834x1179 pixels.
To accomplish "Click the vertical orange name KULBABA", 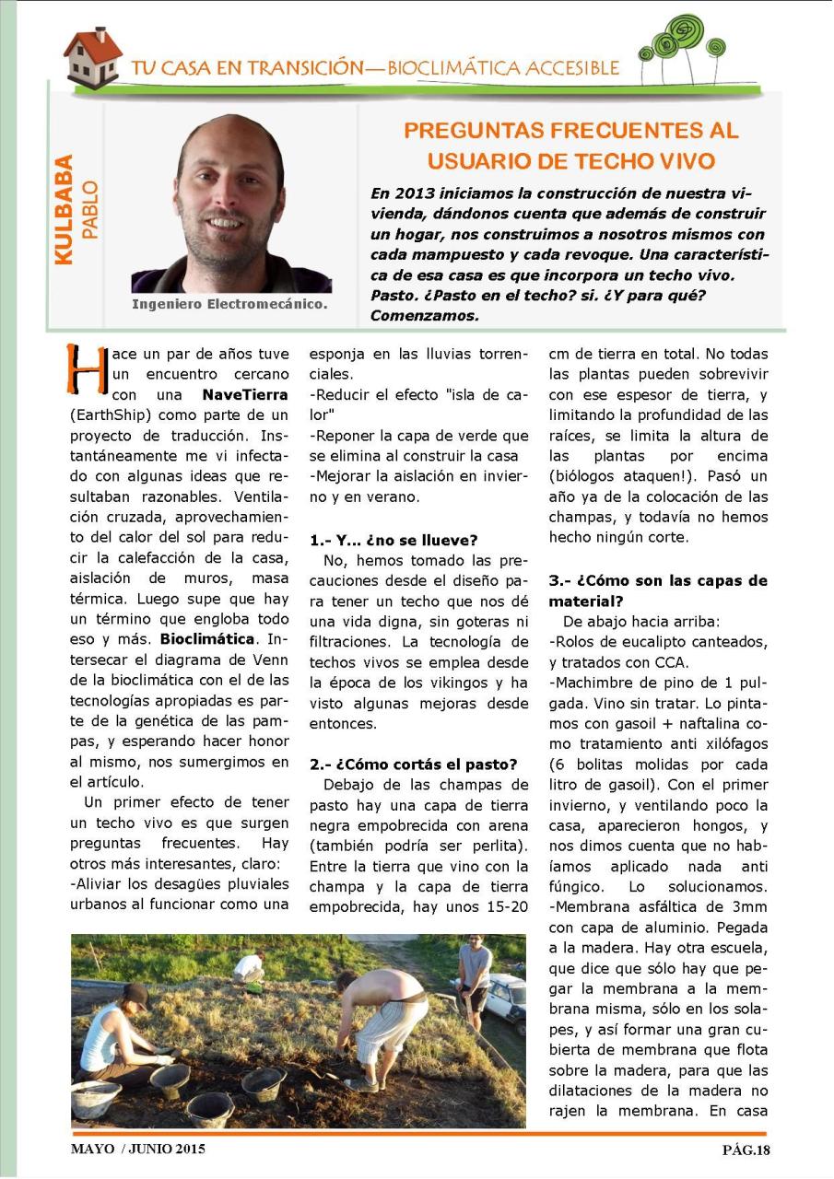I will (64, 209).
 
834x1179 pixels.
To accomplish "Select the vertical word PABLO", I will (89, 210).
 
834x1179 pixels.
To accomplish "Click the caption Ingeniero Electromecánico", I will (229, 303).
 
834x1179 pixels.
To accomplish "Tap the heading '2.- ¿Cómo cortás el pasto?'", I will (413, 764).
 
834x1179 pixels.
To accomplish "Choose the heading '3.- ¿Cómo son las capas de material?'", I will (658, 589).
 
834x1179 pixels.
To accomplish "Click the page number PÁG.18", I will (745, 1149).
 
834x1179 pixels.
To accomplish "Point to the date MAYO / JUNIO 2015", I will (137, 1149).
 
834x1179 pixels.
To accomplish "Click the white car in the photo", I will (505, 998).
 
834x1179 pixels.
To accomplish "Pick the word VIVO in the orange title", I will (682, 161).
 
